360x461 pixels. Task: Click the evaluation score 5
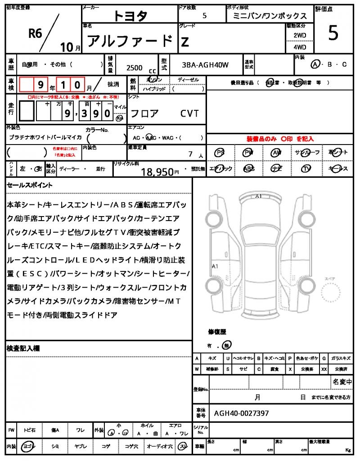pos(333,34)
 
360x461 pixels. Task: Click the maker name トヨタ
pos(130,16)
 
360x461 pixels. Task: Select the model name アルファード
pos(130,41)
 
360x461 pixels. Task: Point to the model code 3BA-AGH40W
pos(205,65)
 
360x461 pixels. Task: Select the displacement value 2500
pos(135,68)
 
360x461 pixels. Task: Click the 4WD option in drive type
pos(300,47)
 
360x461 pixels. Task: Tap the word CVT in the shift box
pos(189,113)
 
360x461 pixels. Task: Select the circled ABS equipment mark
pos(249,169)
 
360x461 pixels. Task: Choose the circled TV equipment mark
pos(306,169)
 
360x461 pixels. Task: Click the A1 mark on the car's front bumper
pos(258,196)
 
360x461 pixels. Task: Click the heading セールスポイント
pos(30,185)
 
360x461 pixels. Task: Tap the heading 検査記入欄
pos(23,348)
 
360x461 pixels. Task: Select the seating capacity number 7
pos(190,154)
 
